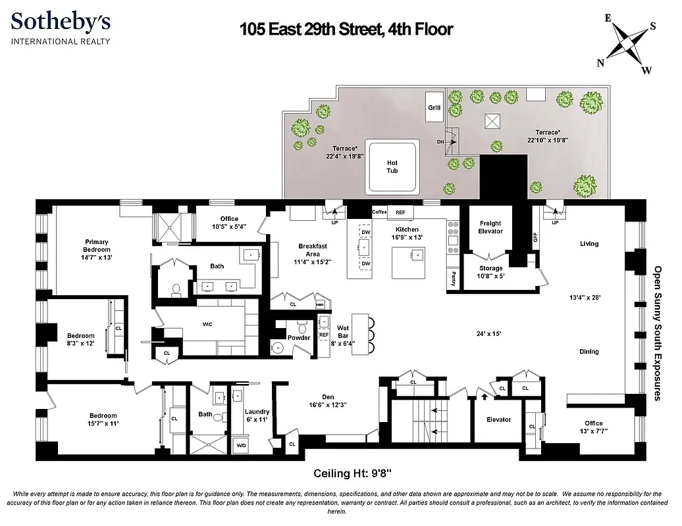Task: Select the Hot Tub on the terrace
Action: point(392,167)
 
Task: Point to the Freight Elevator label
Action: point(490,227)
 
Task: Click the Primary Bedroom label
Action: point(96,246)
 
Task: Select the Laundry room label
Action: point(257,412)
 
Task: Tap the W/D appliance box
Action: point(242,445)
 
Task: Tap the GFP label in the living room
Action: point(535,236)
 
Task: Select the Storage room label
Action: point(490,268)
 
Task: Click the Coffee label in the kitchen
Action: point(379,212)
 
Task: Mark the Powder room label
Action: point(299,337)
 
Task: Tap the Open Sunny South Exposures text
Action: point(656,333)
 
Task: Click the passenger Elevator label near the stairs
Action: point(498,419)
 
